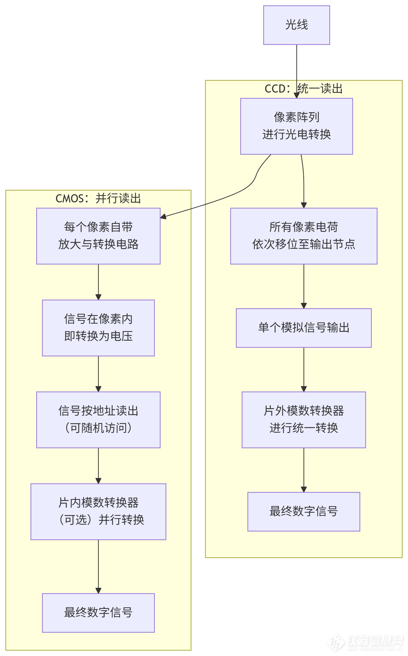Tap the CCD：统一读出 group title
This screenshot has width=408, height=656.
(303, 89)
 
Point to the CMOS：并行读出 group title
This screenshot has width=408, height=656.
(98, 198)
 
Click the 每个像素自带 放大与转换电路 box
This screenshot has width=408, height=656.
(98, 236)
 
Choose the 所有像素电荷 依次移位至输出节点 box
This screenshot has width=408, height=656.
(304, 236)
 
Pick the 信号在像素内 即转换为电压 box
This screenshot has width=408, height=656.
(98, 328)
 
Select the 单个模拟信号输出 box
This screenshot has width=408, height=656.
(304, 328)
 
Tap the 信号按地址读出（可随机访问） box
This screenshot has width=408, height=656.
(98, 420)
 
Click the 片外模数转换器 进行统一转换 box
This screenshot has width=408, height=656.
(304, 420)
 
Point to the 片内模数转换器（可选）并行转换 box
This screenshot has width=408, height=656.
(98, 512)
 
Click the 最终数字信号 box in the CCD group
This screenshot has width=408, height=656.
(304, 512)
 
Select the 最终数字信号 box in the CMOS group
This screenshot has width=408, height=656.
(98, 613)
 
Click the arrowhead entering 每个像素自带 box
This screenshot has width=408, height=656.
(163, 217)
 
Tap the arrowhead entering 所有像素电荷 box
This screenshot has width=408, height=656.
(304, 206)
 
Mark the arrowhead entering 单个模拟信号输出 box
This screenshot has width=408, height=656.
(304, 306)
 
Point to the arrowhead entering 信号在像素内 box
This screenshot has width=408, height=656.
(98, 297)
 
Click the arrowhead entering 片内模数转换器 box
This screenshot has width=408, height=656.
(98, 481)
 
